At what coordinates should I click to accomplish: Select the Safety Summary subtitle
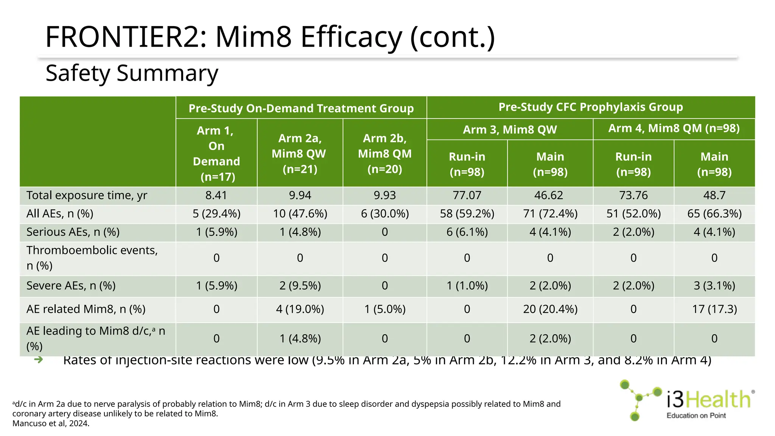point(132,73)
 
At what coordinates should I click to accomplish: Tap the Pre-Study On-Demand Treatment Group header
point(301,108)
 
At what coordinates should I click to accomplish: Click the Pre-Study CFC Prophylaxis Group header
point(590,107)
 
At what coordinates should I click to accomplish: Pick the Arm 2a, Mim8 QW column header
point(300,153)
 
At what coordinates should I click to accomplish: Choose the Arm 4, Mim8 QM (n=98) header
point(674,128)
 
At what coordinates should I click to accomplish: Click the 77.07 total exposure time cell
point(467,195)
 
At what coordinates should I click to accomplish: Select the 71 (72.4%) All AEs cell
point(550,214)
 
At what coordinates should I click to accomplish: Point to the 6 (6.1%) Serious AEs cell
point(467,232)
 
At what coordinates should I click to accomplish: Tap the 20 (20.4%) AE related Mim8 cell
point(550,309)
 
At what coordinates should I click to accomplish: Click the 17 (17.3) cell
point(714,309)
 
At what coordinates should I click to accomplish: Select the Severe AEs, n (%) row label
point(71,286)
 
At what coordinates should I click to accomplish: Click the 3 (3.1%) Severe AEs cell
point(714,286)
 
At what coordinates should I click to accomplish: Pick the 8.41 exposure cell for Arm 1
point(216,195)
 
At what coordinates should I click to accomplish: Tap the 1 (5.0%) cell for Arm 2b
point(384,309)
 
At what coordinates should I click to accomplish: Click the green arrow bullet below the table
point(38,360)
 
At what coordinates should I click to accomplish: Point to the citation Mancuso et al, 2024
point(51,424)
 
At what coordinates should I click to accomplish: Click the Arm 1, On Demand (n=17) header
point(216,153)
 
